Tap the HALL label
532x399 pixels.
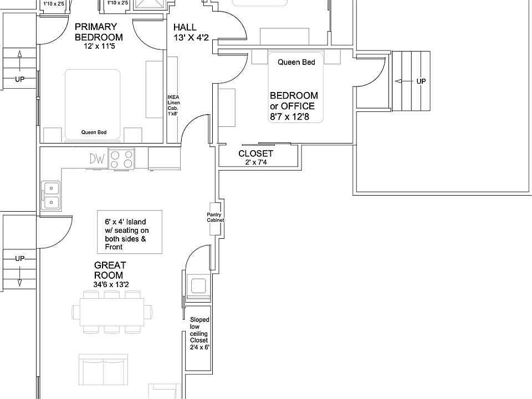185,27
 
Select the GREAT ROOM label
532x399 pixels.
109,270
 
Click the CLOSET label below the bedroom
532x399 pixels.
255,154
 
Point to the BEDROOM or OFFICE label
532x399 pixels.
294,101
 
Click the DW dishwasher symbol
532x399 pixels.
97,159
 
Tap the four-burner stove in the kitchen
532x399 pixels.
122,159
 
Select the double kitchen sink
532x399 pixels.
52,196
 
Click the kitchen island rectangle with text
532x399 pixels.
130,231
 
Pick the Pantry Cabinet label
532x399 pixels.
215,217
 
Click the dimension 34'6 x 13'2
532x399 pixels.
111,285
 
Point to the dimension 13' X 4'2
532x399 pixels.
191,38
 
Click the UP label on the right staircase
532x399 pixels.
421,81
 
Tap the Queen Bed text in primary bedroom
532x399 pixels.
94,132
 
